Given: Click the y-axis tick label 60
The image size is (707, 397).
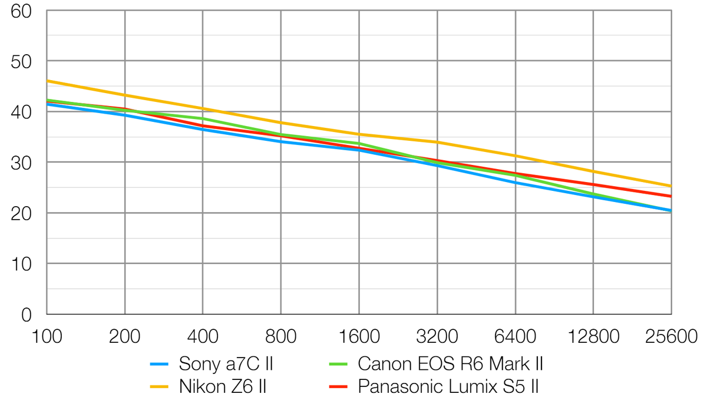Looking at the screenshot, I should click(21, 11).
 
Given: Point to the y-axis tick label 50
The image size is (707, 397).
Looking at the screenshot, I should click(21, 61).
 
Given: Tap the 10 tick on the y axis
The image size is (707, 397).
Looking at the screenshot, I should click(22, 264).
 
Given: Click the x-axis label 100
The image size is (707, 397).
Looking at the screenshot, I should click(47, 337).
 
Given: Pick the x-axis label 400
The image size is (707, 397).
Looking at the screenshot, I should click(203, 337).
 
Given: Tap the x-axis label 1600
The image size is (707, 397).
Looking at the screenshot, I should click(358, 337).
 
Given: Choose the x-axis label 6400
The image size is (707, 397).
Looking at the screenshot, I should click(515, 337).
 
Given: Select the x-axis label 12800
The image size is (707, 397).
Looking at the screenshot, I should click(592, 337).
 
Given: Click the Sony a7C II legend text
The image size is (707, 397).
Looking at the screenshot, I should click(226, 364).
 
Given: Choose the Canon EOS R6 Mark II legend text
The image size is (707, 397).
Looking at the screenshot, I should click(450, 364).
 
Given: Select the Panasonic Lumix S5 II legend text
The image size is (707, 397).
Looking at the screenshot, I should click(448, 386).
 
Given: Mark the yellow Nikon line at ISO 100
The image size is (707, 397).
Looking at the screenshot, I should click(48, 81).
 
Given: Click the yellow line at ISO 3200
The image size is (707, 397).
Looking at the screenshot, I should click(437, 142).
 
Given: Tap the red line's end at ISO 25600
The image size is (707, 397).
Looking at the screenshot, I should click(670, 196).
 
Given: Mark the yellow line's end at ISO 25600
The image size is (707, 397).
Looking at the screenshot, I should click(670, 186).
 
